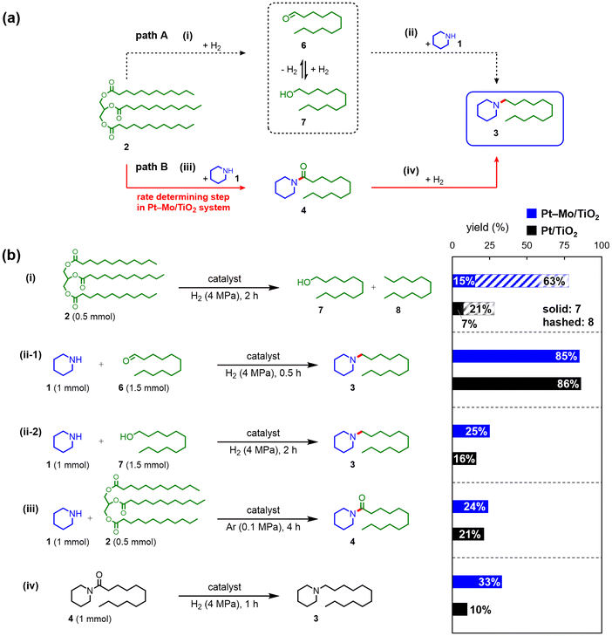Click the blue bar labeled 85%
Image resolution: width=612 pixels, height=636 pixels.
click(516, 356)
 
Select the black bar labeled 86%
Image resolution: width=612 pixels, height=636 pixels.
click(517, 384)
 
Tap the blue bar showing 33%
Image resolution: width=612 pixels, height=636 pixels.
click(477, 582)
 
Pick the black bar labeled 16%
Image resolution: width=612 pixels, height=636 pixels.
click(465, 459)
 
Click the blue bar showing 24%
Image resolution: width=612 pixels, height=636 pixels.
click(471, 507)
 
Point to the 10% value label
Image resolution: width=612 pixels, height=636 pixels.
click(480, 610)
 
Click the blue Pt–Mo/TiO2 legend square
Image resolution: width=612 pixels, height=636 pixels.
click(531, 214)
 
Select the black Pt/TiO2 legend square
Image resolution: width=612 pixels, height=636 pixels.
click(531, 230)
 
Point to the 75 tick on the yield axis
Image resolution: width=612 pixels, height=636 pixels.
click(564, 245)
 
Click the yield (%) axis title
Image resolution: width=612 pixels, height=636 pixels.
click(487, 228)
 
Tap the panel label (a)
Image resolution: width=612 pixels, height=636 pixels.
click(11, 18)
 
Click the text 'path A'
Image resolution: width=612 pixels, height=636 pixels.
click(152, 36)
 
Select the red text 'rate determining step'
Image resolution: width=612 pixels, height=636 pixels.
click(183, 197)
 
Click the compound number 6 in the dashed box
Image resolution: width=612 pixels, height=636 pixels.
click(303, 45)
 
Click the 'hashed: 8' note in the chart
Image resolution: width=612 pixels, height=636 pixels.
click(568, 322)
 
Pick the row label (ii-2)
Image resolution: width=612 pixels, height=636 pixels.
click(31, 432)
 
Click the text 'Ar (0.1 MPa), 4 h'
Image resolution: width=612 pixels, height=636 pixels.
click(263, 527)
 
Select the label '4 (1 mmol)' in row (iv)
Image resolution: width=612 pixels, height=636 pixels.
click(90, 619)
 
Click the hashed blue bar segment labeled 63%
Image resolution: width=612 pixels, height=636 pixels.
click(521, 281)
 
